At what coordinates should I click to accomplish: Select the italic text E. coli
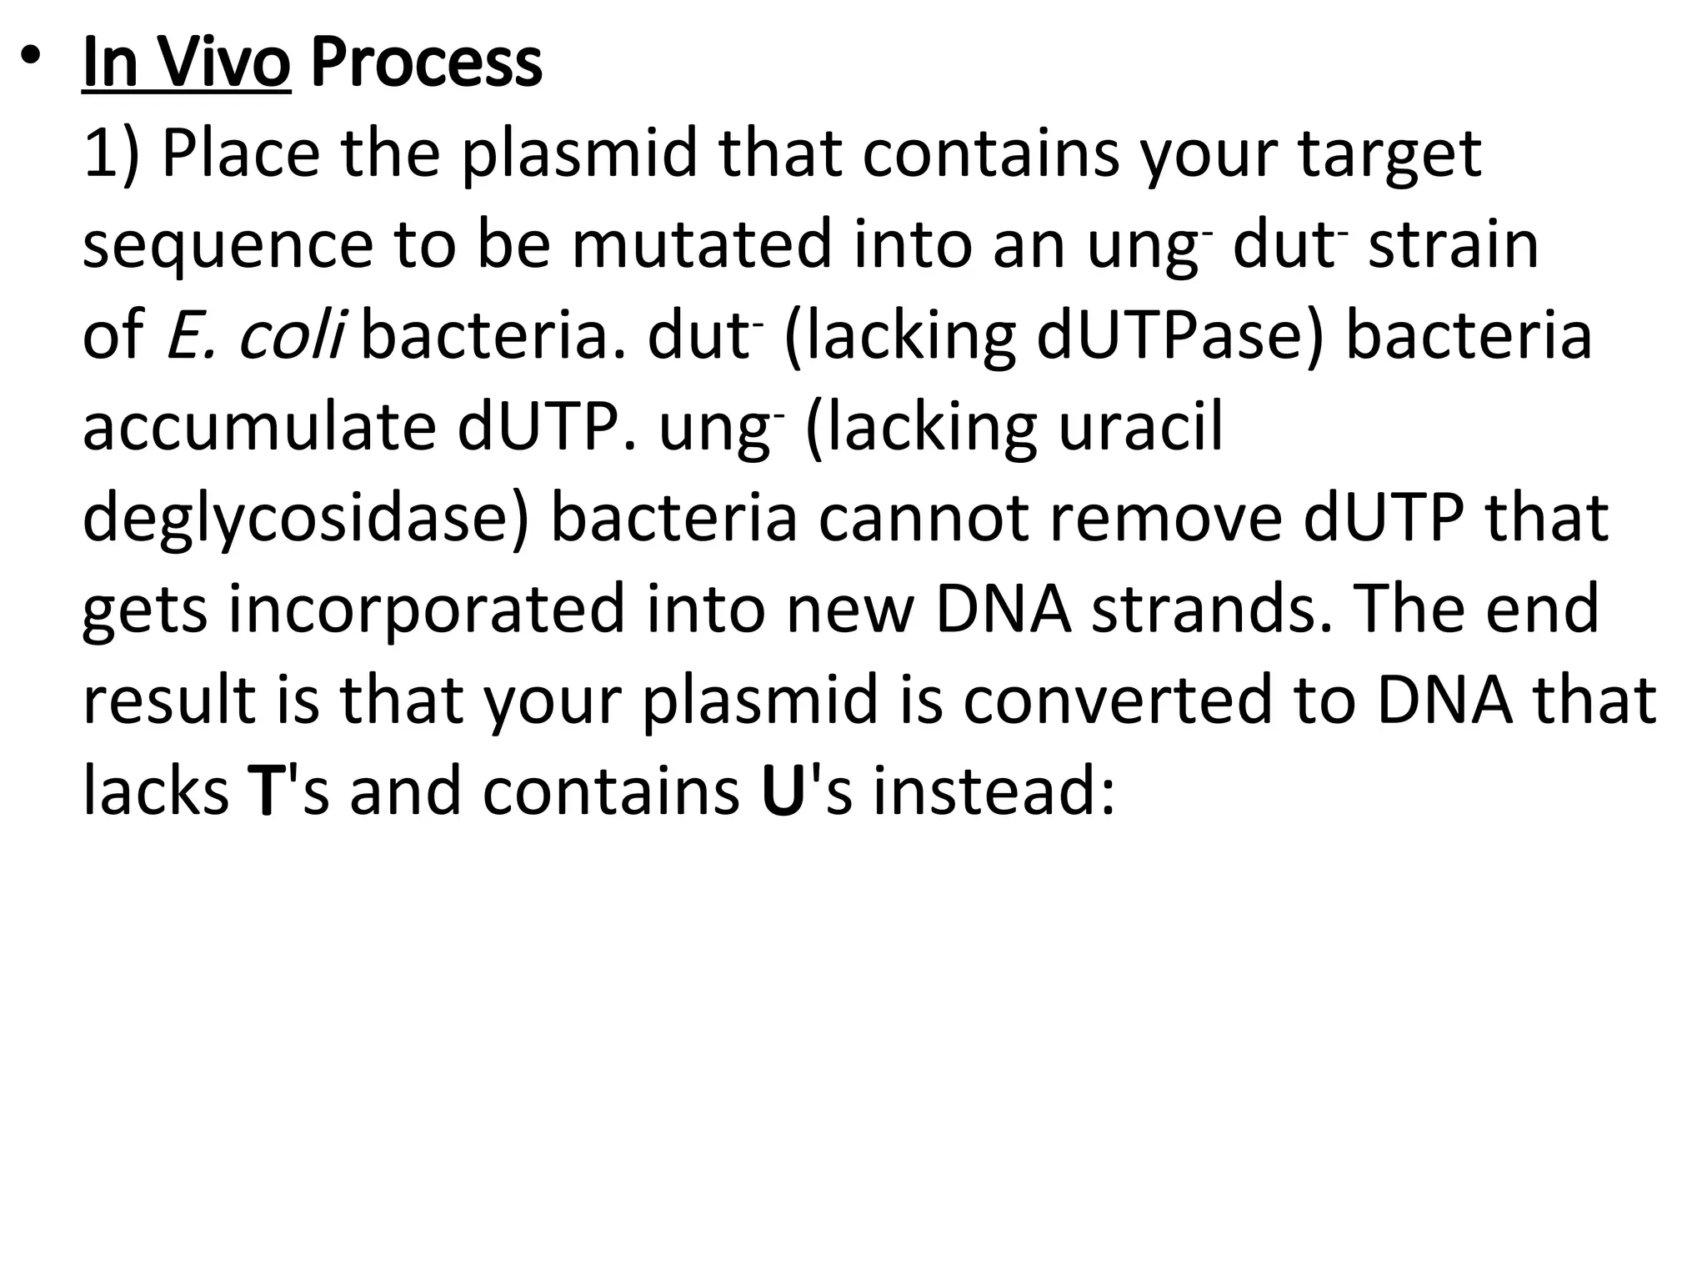click(x=255, y=335)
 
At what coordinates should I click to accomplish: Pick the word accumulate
click(x=259, y=426)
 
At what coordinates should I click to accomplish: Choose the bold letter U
click(x=783, y=791)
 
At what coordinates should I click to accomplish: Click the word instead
click(x=993, y=791)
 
